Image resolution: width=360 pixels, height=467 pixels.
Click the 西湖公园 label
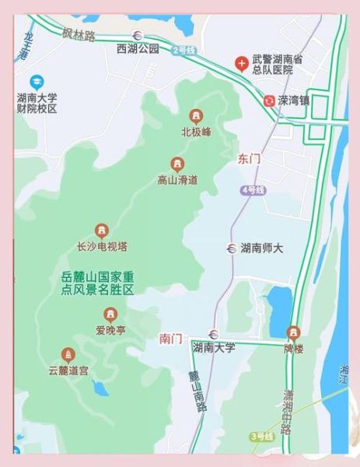(137, 48)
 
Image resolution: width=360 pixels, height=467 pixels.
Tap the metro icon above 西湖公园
(138, 34)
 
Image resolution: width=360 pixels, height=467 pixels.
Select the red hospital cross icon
(243, 61)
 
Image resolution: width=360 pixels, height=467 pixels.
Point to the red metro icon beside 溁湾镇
(268, 100)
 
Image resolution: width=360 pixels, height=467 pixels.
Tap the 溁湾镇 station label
(294, 100)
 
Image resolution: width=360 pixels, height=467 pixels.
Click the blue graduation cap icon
(37, 81)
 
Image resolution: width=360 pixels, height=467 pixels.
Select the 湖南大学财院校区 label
(37, 104)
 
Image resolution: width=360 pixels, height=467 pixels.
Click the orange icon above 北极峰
(195, 116)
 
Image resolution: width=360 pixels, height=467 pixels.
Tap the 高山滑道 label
(177, 180)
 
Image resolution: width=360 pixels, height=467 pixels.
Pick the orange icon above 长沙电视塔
(101, 230)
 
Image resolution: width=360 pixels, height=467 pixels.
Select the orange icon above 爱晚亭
(110, 314)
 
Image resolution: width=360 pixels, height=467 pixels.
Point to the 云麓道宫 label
(68, 370)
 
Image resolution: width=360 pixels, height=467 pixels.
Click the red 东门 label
(249, 159)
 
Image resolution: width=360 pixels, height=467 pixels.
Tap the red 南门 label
(170, 339)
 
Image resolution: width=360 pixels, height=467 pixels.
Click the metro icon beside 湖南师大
(231, 248)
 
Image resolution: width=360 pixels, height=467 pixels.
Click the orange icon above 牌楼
(292, 332)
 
